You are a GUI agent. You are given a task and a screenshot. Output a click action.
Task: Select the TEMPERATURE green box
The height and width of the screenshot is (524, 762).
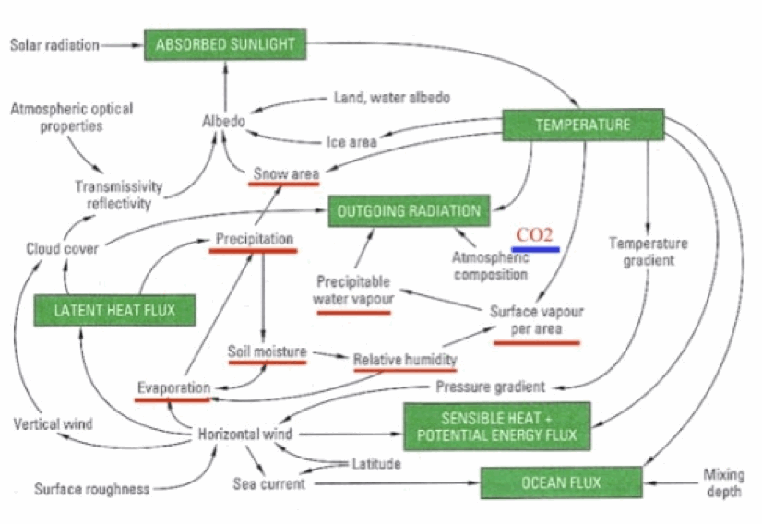[582, 125]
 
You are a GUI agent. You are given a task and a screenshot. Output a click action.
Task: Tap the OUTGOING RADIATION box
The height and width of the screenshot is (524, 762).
[409, 210]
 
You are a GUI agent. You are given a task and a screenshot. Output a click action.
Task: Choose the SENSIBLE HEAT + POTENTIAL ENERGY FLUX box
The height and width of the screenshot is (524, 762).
[496, 425]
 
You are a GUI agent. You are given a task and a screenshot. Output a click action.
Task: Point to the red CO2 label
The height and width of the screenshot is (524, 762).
[535, 234]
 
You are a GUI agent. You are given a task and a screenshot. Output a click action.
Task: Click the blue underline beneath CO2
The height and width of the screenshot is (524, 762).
[536, 249]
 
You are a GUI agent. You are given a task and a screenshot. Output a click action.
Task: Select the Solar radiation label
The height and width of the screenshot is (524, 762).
[54, 44]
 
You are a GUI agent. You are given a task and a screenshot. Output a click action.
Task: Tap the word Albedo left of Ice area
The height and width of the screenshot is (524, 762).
[223, 122]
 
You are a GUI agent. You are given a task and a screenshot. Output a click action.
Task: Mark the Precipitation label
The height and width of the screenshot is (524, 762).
[255, 239]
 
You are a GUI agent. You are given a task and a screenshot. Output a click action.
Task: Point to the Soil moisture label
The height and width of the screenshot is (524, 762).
[267, 351]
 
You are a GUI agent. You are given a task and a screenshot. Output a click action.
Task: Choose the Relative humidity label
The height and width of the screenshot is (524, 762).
[405, 359]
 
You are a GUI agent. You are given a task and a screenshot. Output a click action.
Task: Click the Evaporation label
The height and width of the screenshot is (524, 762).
[174, 387]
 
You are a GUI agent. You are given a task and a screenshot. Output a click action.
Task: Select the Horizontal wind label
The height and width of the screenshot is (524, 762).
[246, 434]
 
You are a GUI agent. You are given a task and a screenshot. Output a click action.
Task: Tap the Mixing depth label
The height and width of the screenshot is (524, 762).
[723, 482]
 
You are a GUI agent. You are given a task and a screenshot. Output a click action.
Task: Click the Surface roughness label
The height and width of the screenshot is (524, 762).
[92, 489]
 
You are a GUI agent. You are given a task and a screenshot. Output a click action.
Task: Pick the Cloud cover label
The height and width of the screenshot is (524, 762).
[62, 248]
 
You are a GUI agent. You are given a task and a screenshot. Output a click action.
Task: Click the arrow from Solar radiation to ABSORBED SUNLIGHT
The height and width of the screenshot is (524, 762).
[121, 44]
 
